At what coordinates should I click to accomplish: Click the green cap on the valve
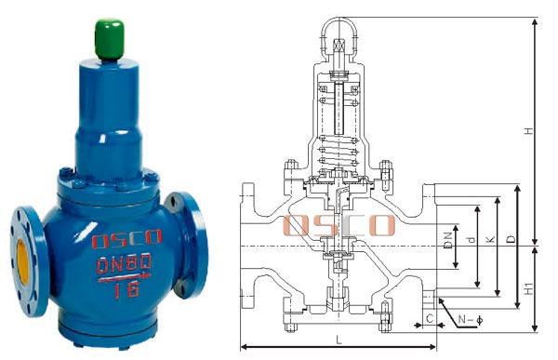pos(110,39)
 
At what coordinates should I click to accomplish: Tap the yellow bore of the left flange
pos(22,262)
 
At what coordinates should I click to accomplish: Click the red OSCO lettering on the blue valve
pos(126,238)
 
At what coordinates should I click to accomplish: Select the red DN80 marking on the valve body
pos(125,264)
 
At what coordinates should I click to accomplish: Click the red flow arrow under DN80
pos(125,277)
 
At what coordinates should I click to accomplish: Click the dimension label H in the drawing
pos(529,130)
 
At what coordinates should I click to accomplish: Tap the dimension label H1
pos(529,288)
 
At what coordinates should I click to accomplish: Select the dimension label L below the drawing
pos(339,340)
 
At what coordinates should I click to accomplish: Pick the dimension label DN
pos(449,240)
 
